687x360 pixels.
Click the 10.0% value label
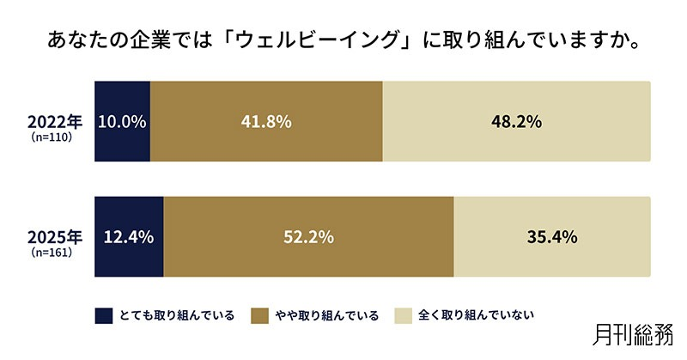[x=122, y=122]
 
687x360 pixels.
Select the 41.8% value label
[x=266, y=122]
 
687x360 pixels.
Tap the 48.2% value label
[x=516, y=122]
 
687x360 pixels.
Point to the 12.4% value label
[x=128, y=236]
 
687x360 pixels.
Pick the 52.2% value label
[x=308, y=236]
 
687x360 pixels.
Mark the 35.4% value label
[x=552, y=236]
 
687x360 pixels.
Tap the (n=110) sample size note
[x=50, y=137]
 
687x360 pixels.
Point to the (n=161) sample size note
[x=50, y=253]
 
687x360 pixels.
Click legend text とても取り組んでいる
[x=177, y=315]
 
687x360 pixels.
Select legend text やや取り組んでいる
[x=327, y=315]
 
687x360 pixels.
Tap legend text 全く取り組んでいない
[x=476, y=315]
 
